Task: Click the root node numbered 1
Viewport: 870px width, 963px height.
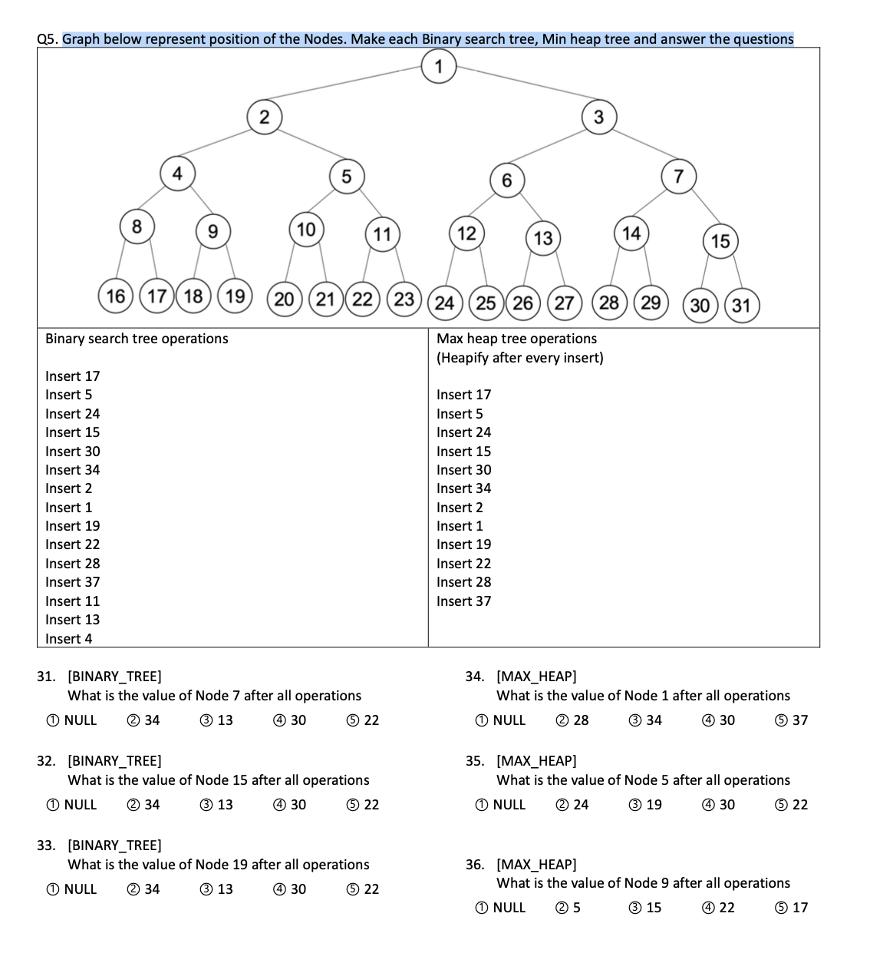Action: pos(439,66)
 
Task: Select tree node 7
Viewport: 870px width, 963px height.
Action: pos(678,177)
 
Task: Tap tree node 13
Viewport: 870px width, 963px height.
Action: pos(543,238)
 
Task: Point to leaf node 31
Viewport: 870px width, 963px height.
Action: pos(741,306)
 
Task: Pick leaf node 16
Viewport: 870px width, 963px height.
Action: pos(116,296)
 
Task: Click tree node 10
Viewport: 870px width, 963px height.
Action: pos(306,230)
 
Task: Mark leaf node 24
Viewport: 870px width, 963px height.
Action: pos(445,303)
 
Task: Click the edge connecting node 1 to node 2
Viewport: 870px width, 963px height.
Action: pos(345,89)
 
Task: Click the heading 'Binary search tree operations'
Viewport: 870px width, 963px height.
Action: pos(137,339)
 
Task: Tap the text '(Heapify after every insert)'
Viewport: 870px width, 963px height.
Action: pos(520,358)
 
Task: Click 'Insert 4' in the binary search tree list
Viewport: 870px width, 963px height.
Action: pos(68,639)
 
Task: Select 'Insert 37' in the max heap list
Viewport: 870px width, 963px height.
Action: pos(463,601)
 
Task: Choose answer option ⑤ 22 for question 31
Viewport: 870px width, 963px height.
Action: pos(363,720)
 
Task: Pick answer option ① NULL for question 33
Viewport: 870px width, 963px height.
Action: pos(71,889)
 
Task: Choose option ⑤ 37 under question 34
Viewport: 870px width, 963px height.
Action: pos(792,720)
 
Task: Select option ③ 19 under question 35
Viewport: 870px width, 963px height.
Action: pos(645,805)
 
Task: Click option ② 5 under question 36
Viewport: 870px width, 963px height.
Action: pos(568,908)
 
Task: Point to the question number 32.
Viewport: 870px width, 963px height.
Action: pos(46,761)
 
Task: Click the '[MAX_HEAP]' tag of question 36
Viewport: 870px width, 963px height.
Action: pos(536,865)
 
